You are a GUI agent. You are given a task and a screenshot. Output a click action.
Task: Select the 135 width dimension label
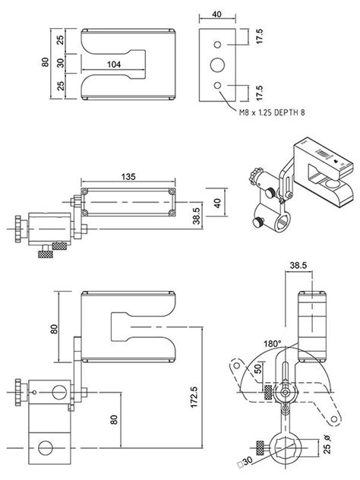point(128,176)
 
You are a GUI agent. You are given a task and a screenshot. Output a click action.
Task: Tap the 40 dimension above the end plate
point(216,14)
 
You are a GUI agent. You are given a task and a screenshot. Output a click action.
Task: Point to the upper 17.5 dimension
point(259,36)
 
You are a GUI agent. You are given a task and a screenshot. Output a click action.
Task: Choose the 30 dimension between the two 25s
point(60,62)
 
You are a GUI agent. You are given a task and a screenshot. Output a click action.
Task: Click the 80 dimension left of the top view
point(44,62)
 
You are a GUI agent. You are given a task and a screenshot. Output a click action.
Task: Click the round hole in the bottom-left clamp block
point(47,447)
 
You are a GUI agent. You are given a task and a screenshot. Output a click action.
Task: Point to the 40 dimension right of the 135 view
point(217,203)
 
